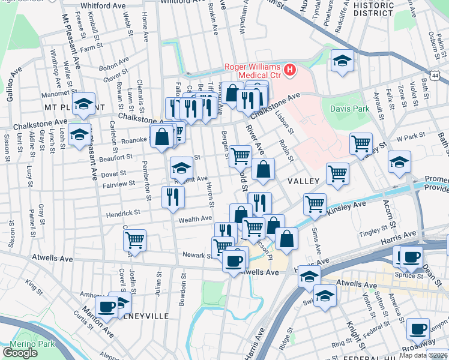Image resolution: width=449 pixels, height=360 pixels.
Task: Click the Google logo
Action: click(x=20, y=353)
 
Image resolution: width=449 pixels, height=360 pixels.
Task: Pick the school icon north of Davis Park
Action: click(x=342, y=61)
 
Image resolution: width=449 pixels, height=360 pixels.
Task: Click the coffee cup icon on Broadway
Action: click(x=418, y=329)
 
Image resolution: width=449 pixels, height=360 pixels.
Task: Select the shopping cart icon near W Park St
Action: click(x=361, y=143)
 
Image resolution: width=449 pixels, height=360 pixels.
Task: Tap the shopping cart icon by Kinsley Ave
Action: click(x=314, y=203)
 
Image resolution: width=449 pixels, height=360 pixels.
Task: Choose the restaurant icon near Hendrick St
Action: click(x=173, y=196)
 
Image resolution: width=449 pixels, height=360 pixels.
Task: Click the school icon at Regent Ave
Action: click(x=181, y=167)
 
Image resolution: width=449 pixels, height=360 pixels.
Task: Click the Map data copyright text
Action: click(x=424, y=355)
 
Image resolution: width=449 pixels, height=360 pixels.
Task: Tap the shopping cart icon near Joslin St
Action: click(x=135, y=240)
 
